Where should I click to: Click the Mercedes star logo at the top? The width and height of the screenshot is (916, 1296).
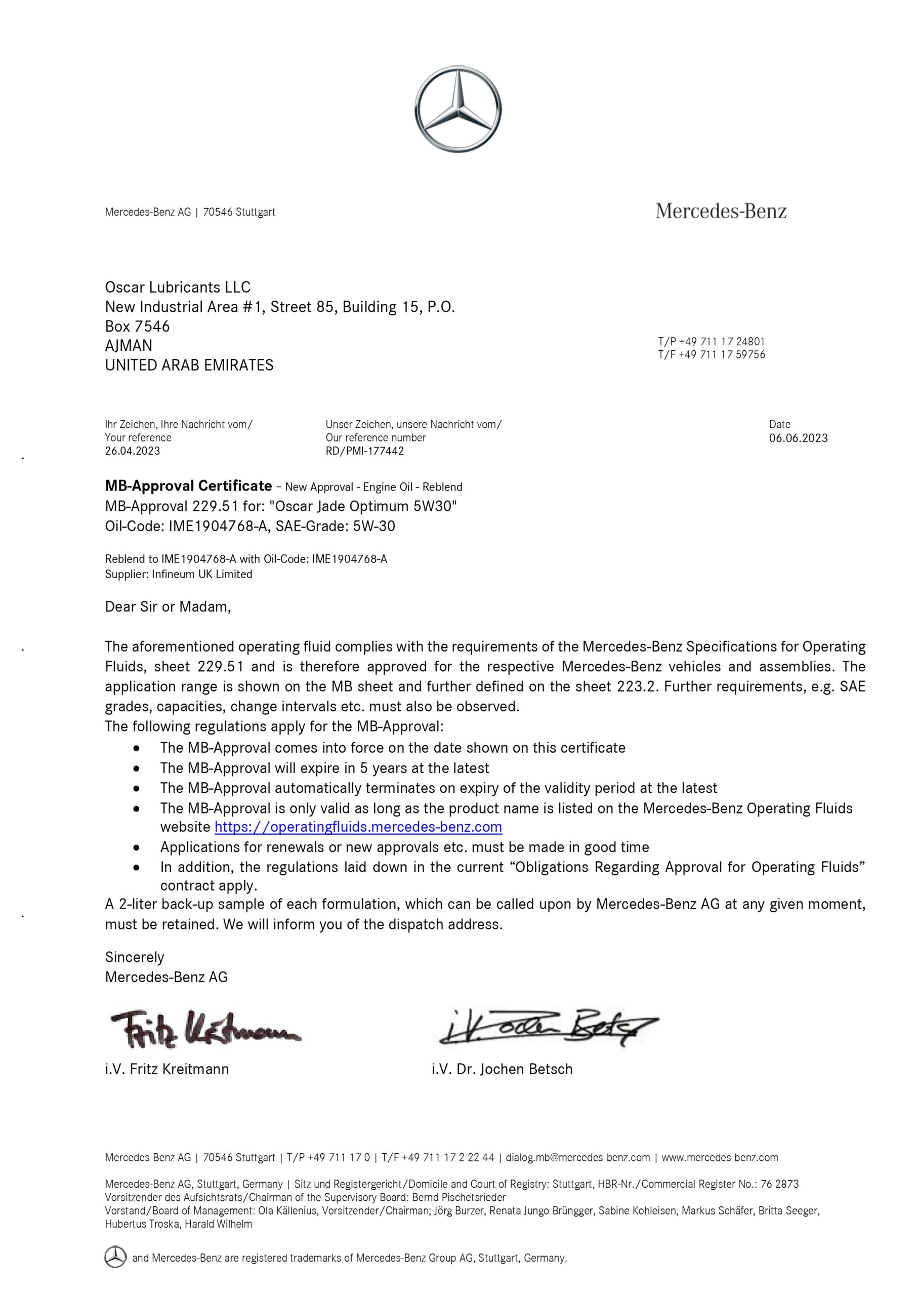[457, 109]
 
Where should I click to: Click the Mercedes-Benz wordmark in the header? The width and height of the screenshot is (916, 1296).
[721, 211]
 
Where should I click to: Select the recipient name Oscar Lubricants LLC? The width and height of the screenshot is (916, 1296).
[178, 288]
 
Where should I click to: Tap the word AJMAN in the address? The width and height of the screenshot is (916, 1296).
[129, 345]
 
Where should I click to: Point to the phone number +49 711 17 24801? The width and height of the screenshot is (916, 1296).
[722, 342]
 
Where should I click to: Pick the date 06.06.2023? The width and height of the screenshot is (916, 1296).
[798, 438]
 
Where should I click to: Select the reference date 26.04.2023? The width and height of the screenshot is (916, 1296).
[133, 451]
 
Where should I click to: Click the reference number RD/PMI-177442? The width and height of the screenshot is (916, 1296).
[364, 451]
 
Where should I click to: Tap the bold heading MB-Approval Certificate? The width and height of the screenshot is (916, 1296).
[188, 486]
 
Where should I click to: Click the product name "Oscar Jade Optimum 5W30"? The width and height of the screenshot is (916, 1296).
[363, 506]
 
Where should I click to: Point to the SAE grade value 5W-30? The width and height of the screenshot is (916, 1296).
[373, 526]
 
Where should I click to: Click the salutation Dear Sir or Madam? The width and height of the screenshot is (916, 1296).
[168, 607]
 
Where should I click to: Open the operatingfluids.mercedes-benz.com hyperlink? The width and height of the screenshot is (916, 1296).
[358, 827]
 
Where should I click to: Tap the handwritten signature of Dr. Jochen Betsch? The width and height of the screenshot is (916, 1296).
[548, 1026]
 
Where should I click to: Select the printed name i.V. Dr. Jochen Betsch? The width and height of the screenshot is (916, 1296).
[502, 1069]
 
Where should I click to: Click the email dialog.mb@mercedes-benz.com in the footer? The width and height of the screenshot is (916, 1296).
[577, 1158]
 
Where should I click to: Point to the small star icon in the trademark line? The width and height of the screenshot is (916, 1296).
[116, 1257]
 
